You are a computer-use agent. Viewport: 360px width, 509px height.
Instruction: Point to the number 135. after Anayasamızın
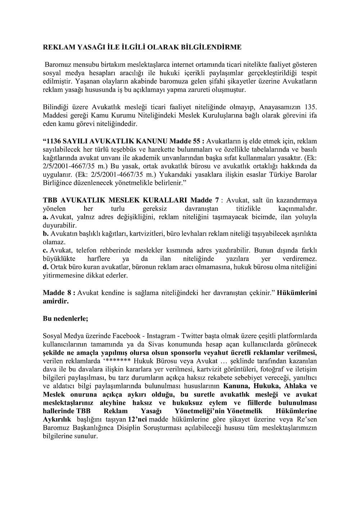309,107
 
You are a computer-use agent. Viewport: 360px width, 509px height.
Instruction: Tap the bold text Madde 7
204,200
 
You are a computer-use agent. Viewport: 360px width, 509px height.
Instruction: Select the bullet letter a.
45,217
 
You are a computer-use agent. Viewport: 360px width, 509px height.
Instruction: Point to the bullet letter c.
45,250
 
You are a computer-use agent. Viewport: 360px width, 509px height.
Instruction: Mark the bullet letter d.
45,267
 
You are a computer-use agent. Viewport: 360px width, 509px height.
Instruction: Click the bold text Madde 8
58,293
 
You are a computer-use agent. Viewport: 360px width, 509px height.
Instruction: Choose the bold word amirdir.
55,301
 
